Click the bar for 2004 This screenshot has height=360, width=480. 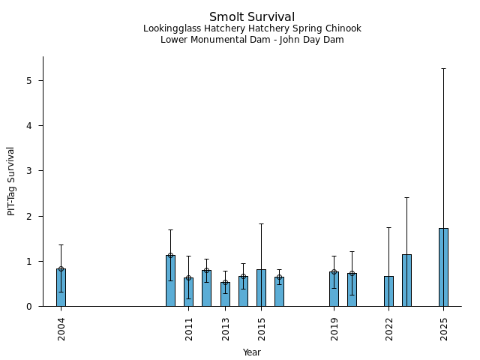pos(61,288)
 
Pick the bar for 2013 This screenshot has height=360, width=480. pos(225,295)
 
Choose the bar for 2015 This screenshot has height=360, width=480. pos(261,288)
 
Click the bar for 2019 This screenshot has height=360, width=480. pos(334,289)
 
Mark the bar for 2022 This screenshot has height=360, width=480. pos(388,292)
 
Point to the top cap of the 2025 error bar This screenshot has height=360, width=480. pos(443,68)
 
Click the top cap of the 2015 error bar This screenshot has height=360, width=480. pos(261,223)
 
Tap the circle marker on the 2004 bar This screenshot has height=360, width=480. pos(61,268)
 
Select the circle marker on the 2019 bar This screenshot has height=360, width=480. pos(334,271)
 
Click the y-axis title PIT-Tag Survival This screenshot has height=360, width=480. pos(11,181)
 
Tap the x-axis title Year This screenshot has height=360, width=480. pos(252,352)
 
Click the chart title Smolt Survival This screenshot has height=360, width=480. pos(252,16)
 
